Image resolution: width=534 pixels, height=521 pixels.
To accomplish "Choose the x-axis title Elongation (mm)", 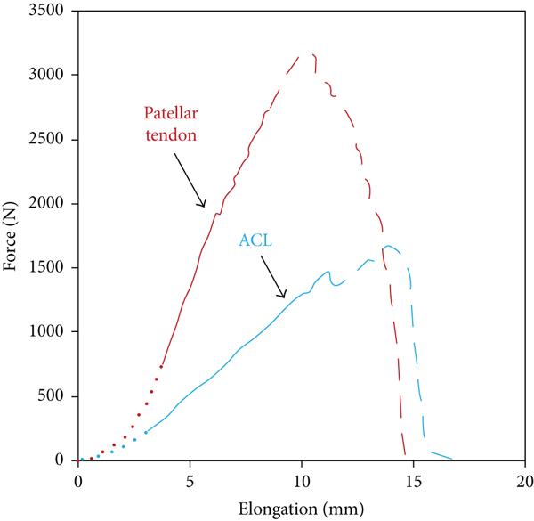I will tap(301, 509).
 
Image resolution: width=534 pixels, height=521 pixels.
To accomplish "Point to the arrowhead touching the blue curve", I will tap(283, 295).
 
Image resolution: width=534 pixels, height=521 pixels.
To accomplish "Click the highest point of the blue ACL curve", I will tap(389, 247).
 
